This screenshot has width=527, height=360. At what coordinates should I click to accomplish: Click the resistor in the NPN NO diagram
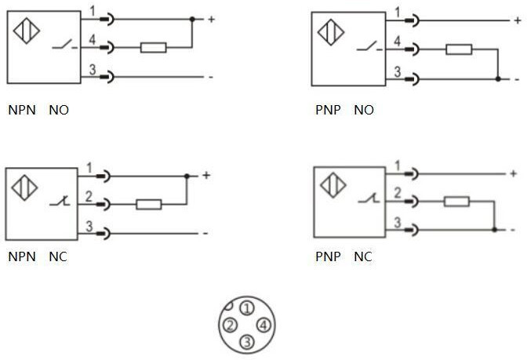[x=152, y=48]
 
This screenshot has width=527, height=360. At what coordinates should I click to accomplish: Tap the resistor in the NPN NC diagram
[x=148, y=205]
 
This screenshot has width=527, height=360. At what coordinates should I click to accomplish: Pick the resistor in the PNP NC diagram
[x=456, y=202]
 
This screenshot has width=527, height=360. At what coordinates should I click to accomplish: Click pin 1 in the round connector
[x=246, y=307]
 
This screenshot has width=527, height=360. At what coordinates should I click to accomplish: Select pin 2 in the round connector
[x=230, y=325]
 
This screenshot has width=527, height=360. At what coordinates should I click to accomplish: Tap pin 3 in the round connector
[x=246, y=341]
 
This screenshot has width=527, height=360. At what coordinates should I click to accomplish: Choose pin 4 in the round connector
[x=263, y=325]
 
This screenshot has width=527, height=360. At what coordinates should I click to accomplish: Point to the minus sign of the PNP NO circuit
[x=516, y=79]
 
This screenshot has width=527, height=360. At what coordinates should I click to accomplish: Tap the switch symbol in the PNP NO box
[x=364, y=49]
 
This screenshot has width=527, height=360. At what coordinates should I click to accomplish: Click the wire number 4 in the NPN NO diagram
[x=92, y=41]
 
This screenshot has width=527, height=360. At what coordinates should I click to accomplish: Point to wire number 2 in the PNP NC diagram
[x=398, y=194]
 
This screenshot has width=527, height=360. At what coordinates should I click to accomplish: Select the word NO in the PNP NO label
[x=364, y=111]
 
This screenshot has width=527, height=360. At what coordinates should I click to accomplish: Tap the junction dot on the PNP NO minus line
[x=499, y=78]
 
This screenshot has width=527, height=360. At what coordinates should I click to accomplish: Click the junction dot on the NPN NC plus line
[x=187, y=176]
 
